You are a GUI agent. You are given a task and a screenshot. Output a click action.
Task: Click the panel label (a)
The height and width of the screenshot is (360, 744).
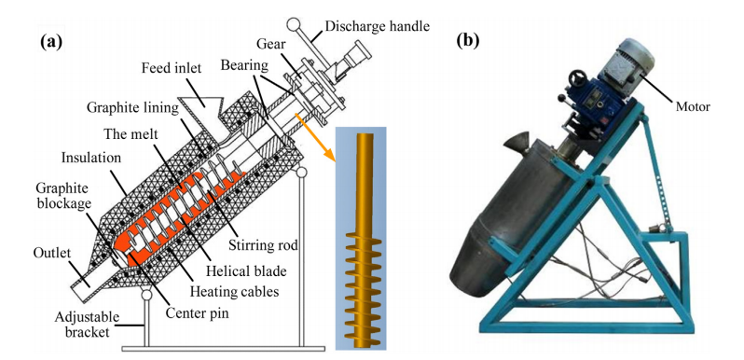click(x=50, y=42)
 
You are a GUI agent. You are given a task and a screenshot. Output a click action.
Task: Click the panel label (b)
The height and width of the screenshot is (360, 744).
click(x=467, y=40)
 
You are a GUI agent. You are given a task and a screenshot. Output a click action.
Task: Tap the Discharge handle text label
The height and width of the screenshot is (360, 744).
click(x=378, y=25)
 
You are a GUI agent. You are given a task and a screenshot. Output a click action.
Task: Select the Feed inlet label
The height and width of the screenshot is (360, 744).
click(x=172, y=68)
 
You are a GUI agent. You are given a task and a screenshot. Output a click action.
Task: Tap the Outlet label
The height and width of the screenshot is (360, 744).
click(x=49, y=253)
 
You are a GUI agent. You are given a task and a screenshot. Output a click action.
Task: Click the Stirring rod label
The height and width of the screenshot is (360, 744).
click(x=264, y=245)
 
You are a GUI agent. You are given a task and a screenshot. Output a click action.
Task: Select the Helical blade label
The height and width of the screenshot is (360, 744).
click(x=247, y=271)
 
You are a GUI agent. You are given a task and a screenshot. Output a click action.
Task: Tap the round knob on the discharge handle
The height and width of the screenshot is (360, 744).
click(x=295, y=23)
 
